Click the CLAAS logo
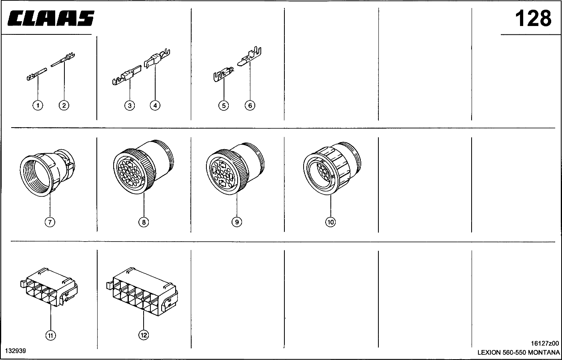[51, 18]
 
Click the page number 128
[533, 18]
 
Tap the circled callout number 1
[38, 105]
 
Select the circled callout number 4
[155, 105]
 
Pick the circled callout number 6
[250, 105]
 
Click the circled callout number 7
[50, 222]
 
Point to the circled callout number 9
[237, 222]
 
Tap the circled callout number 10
[330, 222]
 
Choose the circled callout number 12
[144, 335]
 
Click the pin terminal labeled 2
[63, 60]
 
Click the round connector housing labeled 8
[143, 167]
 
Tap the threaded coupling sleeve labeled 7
[47, 173]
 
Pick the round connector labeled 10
[332, 168]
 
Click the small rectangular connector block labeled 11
[49, 287]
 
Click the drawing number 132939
[16, 351]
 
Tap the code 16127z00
[545, 343]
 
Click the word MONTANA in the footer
[544, 352]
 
